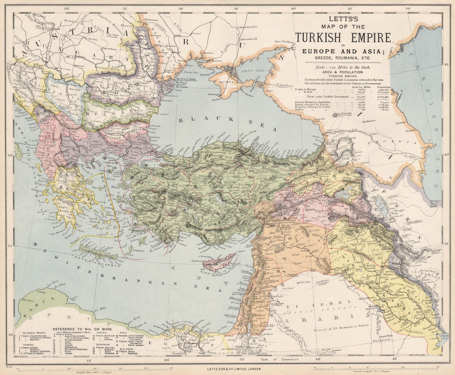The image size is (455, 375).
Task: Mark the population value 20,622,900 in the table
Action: click(383, 97)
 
